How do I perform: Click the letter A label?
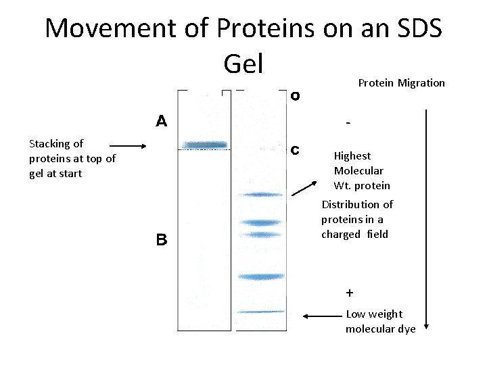162,122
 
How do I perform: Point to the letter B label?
162,239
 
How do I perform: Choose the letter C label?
295,150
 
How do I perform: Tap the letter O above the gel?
296,96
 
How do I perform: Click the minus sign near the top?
348,124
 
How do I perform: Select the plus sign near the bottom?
349,293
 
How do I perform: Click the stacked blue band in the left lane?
206,145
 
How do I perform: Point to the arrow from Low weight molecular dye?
323,316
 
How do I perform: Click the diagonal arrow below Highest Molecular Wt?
306,187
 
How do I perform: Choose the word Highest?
352,155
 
